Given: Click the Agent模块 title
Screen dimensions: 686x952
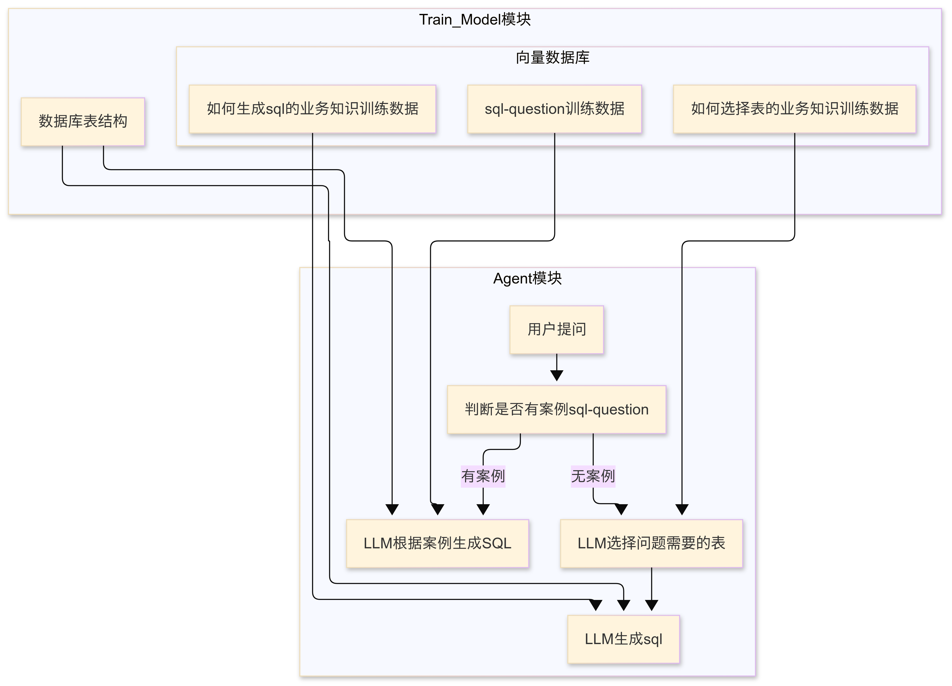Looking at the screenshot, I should [x=527, y=278].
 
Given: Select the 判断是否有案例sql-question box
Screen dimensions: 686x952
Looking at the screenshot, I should [x=557, y=409].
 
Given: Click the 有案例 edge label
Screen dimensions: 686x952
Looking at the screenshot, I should [x=483, y=476].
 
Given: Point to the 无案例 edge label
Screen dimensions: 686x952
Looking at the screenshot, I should [x=593, y=476].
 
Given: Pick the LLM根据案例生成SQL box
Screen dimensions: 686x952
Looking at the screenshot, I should [x=437, y=543].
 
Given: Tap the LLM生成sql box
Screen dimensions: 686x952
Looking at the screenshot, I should [x=623, y=639].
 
